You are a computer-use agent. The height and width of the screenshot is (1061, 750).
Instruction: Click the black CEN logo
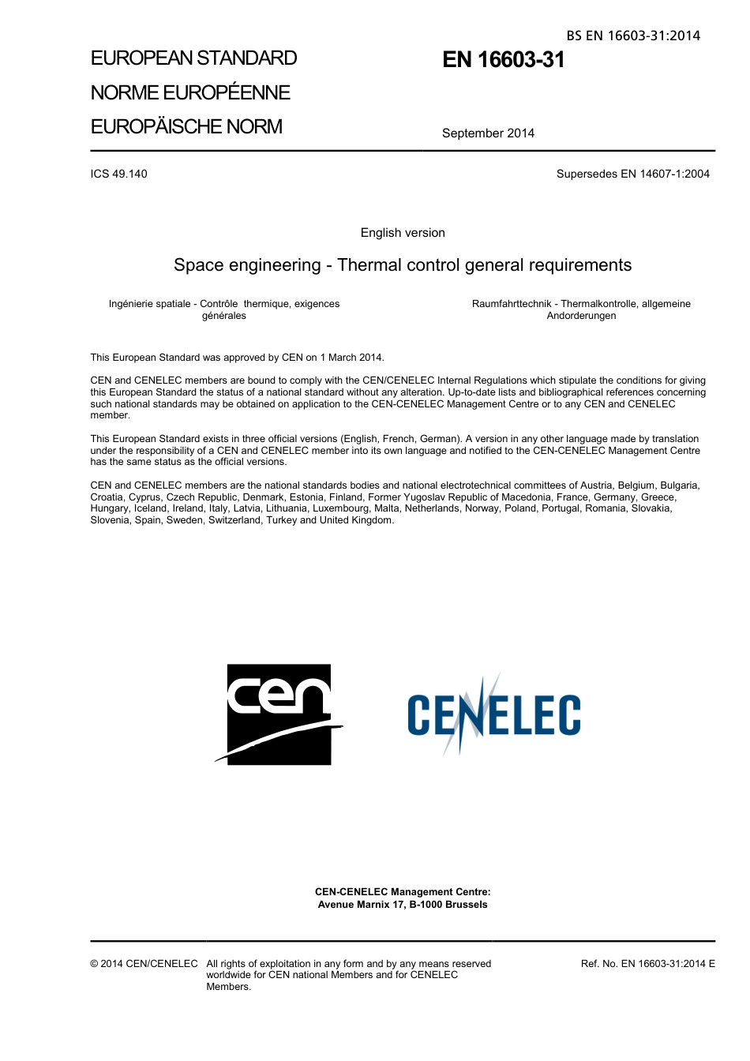tap(279, 714)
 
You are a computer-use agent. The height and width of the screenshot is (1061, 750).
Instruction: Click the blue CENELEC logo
tap(494, 714)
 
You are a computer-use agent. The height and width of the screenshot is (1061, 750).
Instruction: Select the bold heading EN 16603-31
tap(503, 60)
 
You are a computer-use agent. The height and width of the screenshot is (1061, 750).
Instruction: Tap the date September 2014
tap(488, 133)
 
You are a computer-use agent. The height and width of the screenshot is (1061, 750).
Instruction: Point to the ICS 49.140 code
tap(118, 174)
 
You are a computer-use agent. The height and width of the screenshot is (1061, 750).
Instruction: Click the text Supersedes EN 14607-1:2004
tap(632, 174)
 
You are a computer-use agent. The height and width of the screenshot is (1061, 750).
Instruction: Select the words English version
tap(403, 233)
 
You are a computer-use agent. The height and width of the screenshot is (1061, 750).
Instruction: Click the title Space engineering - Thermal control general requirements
tap(403, 265)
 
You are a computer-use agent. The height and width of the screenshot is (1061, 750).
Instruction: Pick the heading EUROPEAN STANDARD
tap(193, 58)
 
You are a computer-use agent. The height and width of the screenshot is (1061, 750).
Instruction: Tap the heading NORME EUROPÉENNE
tap(190, 93)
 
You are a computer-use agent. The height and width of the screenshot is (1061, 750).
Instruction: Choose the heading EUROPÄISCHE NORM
tap(186, 127)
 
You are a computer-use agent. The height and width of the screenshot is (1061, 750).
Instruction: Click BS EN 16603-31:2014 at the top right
tap(633, 36)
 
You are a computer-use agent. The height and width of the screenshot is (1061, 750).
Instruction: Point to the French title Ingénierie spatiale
tap(224, 309)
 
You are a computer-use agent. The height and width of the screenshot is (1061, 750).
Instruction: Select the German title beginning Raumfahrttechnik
tap(581, 309)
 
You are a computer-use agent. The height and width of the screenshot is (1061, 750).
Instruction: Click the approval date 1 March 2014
tap(351, 358)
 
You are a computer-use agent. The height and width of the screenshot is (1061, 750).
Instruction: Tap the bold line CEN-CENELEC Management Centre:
tap(403, 892)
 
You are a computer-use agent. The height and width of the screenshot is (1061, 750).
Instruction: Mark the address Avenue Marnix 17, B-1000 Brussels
tap(403, 905)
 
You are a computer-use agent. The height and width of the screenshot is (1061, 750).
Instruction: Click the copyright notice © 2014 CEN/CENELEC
tap(144, 964)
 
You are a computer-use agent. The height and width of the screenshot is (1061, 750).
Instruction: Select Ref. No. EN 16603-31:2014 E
tap(647, 964)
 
